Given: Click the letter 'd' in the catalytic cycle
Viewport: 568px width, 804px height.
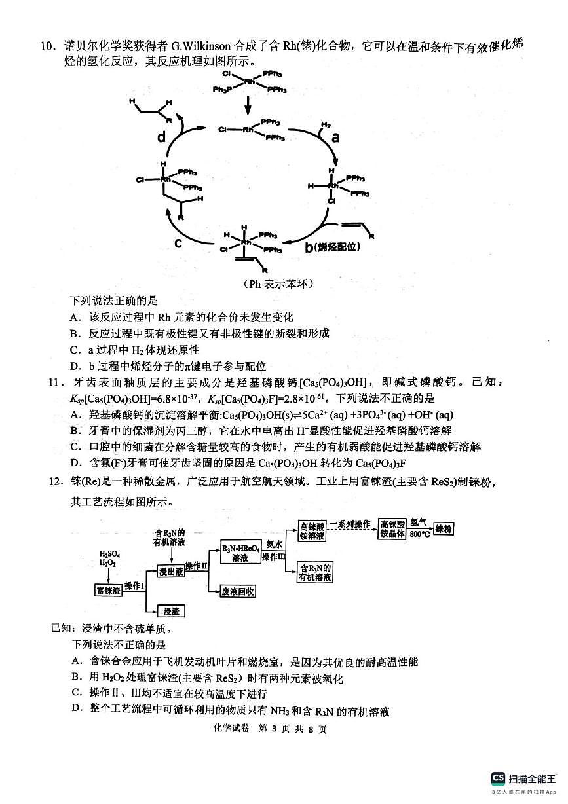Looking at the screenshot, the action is click(x=162, y=137).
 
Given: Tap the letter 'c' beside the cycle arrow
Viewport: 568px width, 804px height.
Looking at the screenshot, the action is click(x=178, y=243).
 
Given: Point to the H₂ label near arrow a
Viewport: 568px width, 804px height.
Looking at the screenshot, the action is click(x=326, y=124).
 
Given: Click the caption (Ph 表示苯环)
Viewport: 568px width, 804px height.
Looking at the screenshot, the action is click(x=278, y=283).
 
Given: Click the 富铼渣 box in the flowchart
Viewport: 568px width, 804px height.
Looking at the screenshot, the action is click(x=107, y=590).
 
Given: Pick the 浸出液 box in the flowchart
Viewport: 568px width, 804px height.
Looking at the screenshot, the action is click(x=171, y=571).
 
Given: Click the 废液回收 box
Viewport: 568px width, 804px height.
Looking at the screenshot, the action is click(x=238, y=591).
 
